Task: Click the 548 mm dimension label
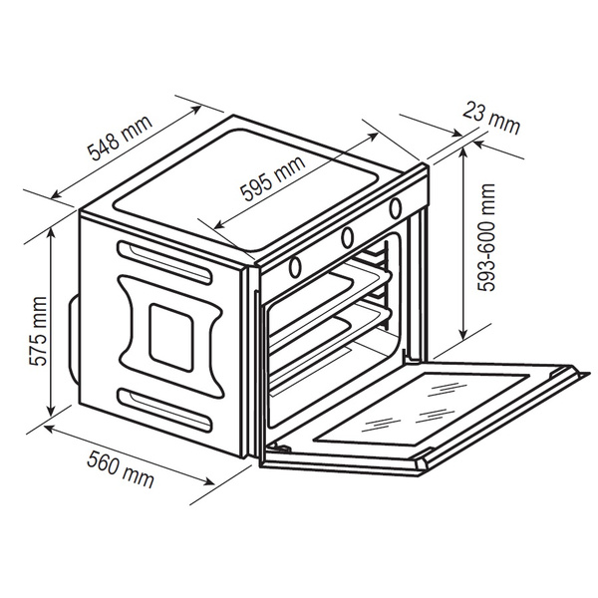click(x=121, y=138)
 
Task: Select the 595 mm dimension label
click(x=273, y=177)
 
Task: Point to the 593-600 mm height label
click(x=486, y=237)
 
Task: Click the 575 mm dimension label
click(x=38, y=331)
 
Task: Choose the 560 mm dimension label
click(x=121, y=469)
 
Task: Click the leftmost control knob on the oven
click(x=295, y=267)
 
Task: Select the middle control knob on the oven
click(x=347, y=237)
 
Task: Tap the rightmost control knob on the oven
click(x=396, y=208)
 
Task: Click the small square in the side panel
click(x=170, y=338)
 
